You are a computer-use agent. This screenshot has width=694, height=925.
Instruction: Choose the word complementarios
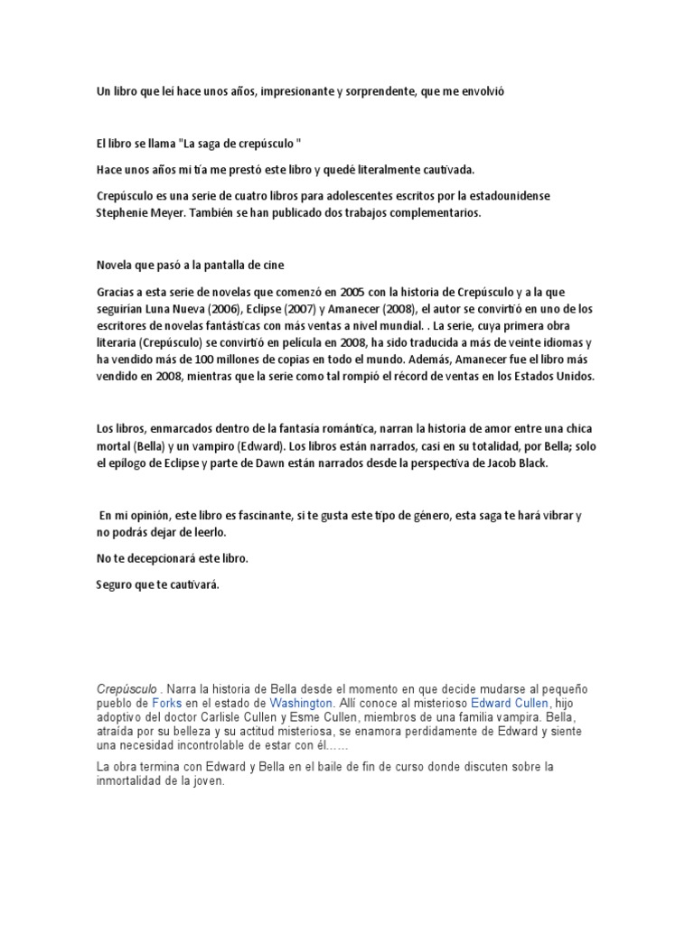[429, 213]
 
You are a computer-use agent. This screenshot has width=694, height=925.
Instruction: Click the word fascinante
[256, 515]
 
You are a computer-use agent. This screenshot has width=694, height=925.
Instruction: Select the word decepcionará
[155, 558]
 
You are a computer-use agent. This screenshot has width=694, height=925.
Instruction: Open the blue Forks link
[166, 702]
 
